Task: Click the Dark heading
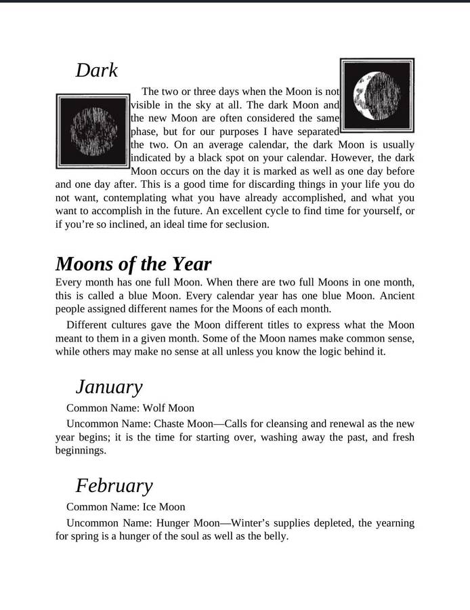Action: click(96, 70)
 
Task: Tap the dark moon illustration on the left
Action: click(92, 131)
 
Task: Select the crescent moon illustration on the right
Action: click(377, 95)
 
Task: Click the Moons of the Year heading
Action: click(133, 264)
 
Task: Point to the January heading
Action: click(109, 387)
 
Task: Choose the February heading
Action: click(114, 486)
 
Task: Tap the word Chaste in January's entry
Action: click(171, 424)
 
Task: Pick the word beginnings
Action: click(81, 450)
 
